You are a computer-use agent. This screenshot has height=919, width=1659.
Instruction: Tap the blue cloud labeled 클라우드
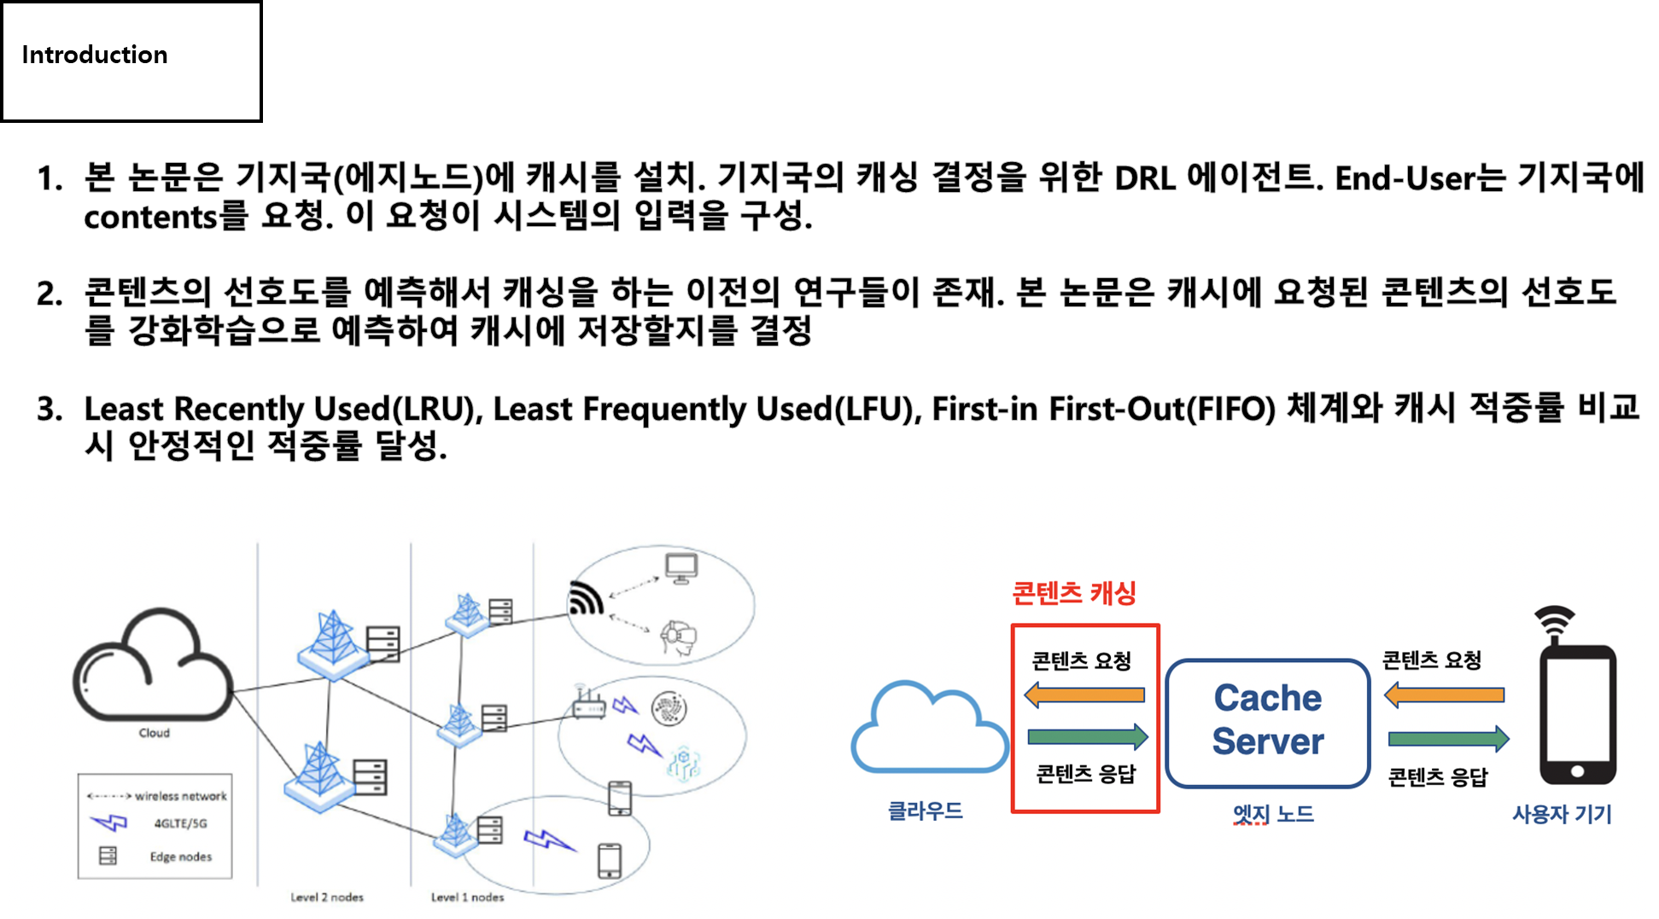[929, 730]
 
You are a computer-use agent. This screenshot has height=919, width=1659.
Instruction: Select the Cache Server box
[1267, 722]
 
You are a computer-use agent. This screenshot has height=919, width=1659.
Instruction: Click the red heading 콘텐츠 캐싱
[1073, 593]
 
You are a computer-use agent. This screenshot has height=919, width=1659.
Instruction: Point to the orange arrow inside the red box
[1084, 695]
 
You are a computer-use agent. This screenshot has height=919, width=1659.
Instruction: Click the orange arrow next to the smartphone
[1444, 695]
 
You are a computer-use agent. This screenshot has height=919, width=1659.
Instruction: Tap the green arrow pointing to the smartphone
[1448, 738]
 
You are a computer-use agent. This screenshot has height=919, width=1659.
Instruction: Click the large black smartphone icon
[1577, 713]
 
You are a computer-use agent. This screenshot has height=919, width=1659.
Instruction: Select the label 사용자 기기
[1562, 814]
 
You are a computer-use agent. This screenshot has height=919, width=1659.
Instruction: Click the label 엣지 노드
[1273, 814]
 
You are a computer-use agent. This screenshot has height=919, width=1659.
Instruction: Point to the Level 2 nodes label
[327, 897]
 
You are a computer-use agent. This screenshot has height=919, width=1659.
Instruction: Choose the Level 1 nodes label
[467, 897]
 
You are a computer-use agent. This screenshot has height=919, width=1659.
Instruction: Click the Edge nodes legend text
[180, 857]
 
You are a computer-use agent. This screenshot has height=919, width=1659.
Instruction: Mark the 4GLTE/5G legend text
[180, 823]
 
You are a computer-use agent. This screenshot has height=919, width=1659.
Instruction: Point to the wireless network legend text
[181, 796]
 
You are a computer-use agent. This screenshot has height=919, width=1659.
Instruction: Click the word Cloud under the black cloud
[154, 733]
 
